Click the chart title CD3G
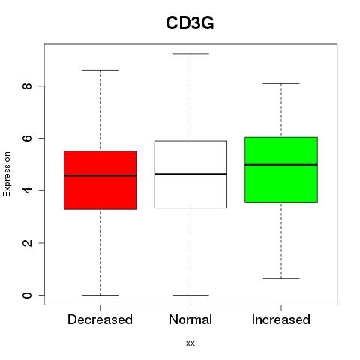point(190,23)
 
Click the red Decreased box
point(100,180)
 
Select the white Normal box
point(190,175)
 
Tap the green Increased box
point(281,170)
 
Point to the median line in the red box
point(100,175)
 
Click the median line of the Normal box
point(190,174)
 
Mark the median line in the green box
point(281,165)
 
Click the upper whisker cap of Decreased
point(100,70)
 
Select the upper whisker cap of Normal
point(190,54)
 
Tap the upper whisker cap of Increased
point(281,83)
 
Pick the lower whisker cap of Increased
point(281,278)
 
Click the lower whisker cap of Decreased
point(100,295)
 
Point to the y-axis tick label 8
point(27,85)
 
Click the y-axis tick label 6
point(27,138)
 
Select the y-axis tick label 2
point(27,243)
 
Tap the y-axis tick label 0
point(27,295)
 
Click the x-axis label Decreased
point(100,319)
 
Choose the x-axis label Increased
point(281,319)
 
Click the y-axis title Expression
point(7,174)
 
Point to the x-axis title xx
point(190,343)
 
